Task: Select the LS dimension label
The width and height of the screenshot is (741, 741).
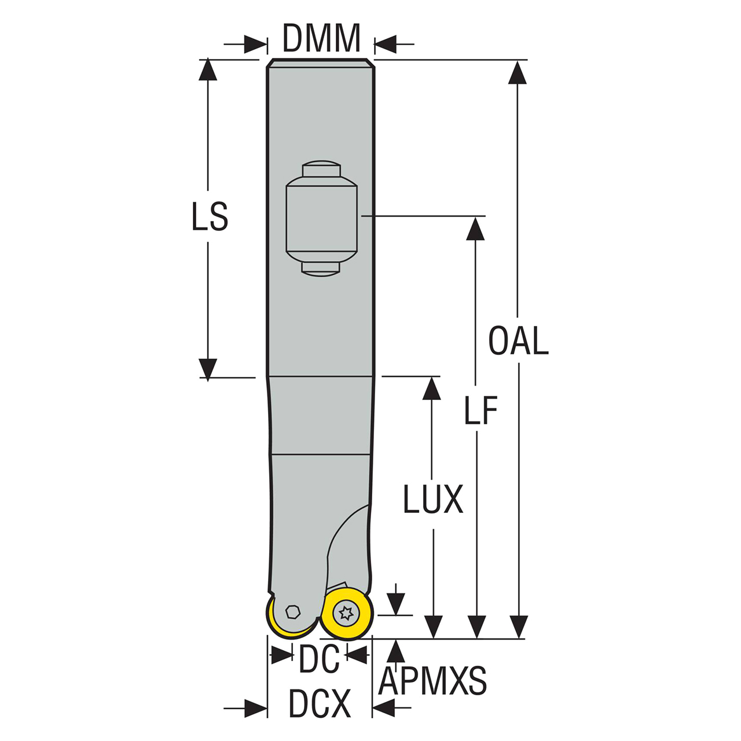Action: coord(210,217)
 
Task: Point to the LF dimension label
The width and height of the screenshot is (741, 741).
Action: coord(480,412)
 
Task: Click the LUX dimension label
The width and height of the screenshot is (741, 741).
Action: coord(433,499)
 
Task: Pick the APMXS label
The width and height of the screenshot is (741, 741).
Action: coord(432,681)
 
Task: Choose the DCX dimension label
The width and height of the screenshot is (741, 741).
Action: coord(320,704)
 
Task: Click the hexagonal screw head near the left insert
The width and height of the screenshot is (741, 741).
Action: coord(293,611)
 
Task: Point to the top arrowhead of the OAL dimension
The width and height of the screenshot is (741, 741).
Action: coord(518,72)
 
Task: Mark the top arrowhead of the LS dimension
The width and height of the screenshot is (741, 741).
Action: coord(208,69)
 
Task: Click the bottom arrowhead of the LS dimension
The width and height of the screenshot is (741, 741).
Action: coord(208,368)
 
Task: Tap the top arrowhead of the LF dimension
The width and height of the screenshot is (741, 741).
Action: coord(475,228)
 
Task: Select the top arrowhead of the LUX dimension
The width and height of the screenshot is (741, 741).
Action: coord(432,388)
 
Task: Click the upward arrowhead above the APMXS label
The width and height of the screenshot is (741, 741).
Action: coord(396,651)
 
